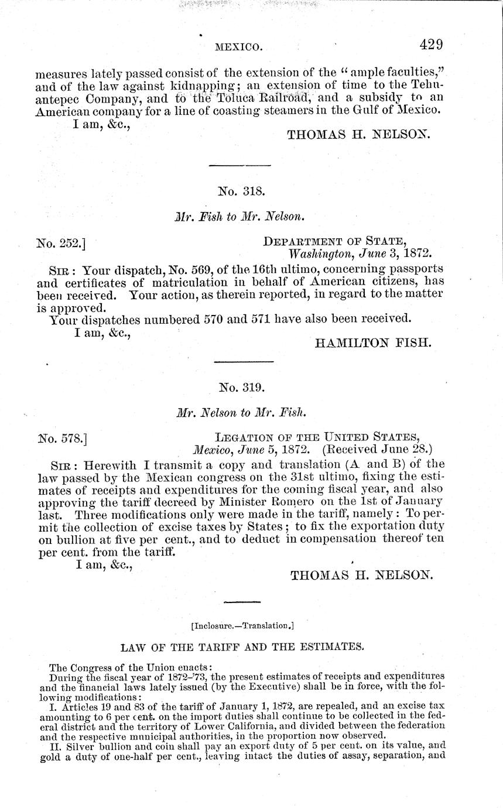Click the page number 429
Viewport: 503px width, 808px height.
click(430, 44)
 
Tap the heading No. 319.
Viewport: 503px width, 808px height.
click(242, 388)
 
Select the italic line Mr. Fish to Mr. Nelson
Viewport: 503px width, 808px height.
click(241, 217)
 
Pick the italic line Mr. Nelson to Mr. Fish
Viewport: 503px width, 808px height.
click(241, 412)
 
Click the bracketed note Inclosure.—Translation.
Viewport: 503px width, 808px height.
click(242, 625)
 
